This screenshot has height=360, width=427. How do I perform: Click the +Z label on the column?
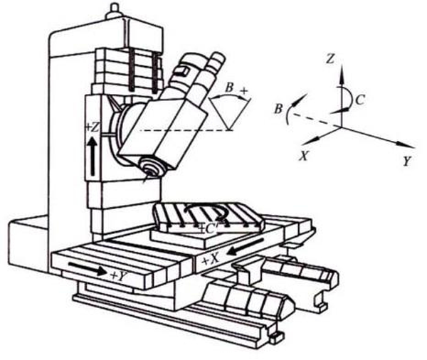[92, 127]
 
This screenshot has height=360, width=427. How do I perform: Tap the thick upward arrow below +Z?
[93, 156]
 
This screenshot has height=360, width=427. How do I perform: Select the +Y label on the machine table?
[119, 276]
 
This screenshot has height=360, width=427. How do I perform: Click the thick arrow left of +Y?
[87, 268]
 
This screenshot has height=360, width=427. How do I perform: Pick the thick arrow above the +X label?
[246, 247]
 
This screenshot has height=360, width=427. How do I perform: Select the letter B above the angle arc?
[230, 88]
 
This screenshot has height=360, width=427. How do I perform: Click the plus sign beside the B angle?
[243, 91]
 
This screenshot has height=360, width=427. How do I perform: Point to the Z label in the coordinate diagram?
[330, 59]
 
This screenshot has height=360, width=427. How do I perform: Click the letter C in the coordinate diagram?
[359, 100]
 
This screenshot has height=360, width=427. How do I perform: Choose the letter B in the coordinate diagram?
[278, 109]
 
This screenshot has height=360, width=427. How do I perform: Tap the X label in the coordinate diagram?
[305, 157]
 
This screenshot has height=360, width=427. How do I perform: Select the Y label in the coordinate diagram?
[406, 162]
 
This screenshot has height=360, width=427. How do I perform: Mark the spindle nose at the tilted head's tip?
[150, 168]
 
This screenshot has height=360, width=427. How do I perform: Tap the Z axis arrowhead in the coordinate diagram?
[342, 73]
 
